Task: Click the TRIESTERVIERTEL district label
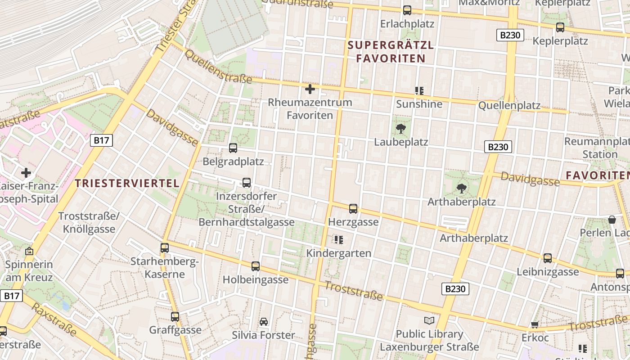(x=127, y=183)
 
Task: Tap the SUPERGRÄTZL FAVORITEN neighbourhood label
(x=391, y=52)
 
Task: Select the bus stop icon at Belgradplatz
(x=233, y=148)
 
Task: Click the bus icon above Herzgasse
(x=353, y=208)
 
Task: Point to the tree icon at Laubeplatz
(x=400, y=129)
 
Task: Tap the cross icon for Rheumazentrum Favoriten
(x=310, y=89)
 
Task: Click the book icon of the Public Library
(x=429, y=320)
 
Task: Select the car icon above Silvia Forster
(x=264, y=322)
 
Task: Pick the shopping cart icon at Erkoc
(x=535, y=324)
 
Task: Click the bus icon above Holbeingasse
(x=256, y=266)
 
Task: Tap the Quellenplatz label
(x=509, y=106)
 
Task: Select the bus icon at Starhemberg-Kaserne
(x=165, y=247)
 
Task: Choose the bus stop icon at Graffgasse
(x=175, y=316)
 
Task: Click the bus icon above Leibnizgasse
(x=548, y=258)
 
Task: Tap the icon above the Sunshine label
(x=419, y=91)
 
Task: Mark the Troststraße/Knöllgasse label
(x=89, y=223)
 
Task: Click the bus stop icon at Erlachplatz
(x=407, y=10)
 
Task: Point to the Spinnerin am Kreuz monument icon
(x=30, y=251)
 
